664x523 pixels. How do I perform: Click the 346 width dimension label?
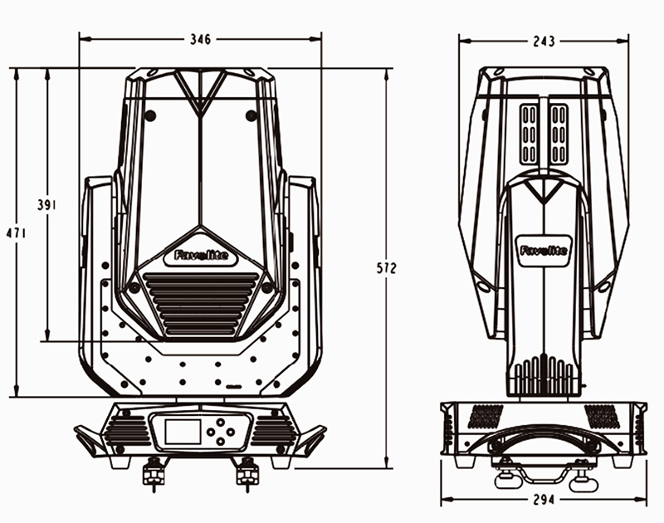tap(200, 39)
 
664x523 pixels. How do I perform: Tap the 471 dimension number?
tap(16, 234)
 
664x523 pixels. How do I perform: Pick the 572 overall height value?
tap(387, 268)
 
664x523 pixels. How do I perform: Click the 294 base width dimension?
tap(543, 501)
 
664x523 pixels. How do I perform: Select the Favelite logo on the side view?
tap(544, 249)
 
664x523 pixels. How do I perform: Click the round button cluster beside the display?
tap(219, 432)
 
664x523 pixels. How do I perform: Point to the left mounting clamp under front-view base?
tap(154, 472)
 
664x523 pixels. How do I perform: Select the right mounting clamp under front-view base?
tap(247, 472)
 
